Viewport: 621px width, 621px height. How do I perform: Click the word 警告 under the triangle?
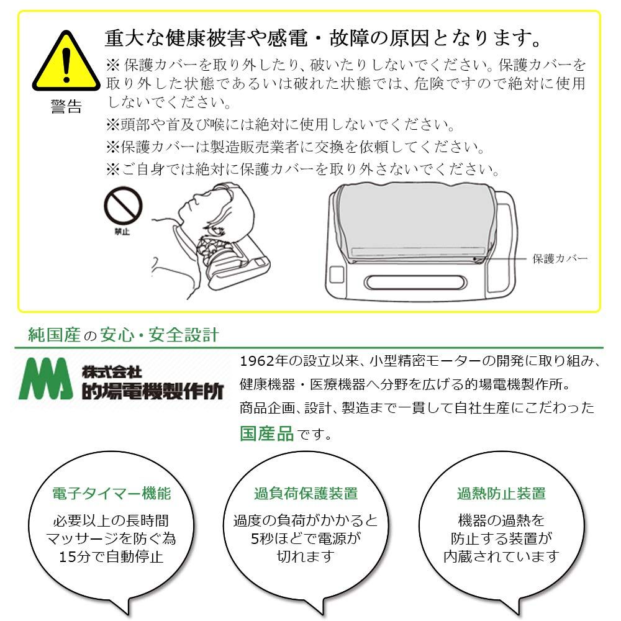click(x=66, y=107)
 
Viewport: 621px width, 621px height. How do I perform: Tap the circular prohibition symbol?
click(x=123, y=206)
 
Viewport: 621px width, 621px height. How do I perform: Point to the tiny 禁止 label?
click(x=122, y=232)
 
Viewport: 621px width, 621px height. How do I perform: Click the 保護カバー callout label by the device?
click(x=560, y=259)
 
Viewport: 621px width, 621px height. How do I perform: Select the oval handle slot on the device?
click(x=415, y=283)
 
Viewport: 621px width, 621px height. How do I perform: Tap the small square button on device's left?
click(x=337, y=274)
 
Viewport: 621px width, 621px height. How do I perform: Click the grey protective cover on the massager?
click(x=414, y=222)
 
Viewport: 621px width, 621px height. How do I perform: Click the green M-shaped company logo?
click(x=45, y=379)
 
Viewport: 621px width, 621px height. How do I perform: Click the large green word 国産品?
click(x=266, y=433)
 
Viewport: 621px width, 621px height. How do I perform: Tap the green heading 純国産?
click(x=54, y=335)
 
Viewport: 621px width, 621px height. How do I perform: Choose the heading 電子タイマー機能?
click(x=112, y=494)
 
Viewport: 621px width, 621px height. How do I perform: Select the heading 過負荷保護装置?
click(x=306, y=494)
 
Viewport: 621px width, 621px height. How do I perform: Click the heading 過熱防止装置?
click(x=501, y=494)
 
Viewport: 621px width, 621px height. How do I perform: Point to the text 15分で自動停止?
click(x=111, y=556)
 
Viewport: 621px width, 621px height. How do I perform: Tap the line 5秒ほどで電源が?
click(x=306, y=538)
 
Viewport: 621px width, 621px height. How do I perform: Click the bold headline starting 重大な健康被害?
click(x=323, y=38)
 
